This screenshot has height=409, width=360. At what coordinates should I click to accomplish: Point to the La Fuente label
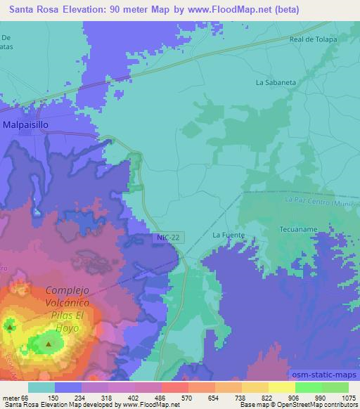click(x=227, y=235)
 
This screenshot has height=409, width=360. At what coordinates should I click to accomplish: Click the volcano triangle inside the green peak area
click(x=48, y=344)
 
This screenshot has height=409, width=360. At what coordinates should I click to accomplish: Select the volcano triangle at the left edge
click(x=10, y=327)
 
